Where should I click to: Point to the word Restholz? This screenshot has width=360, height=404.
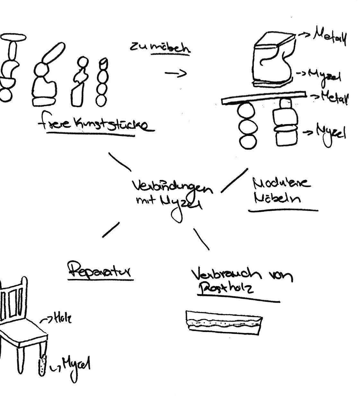(x=227, y=288)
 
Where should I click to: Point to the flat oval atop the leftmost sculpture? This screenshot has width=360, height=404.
(x=13, y=37)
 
